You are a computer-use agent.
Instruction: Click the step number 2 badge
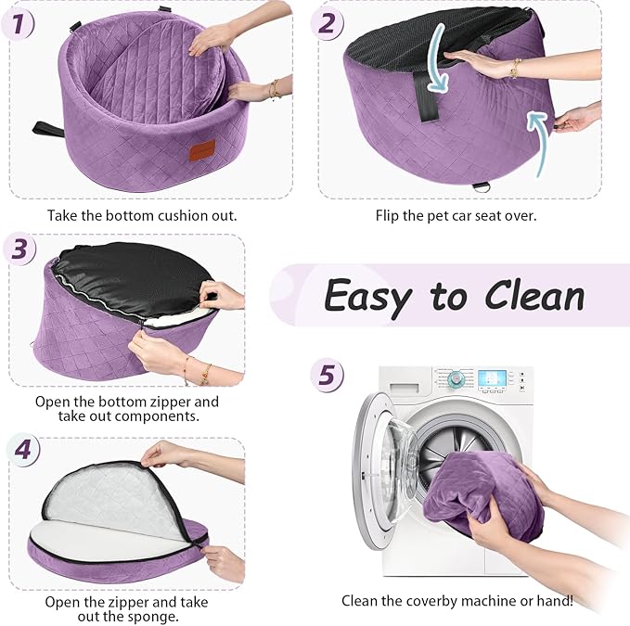[x=327, y=23]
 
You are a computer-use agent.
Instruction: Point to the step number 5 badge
[x=327, y=375]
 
